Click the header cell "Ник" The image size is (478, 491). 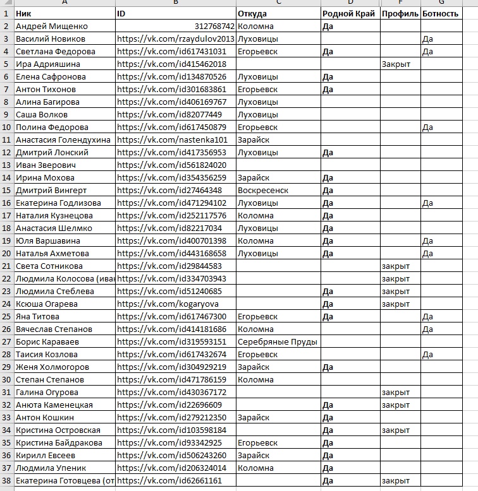tap(24, 13)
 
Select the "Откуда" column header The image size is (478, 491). tap(252, 13)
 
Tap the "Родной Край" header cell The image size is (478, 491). tap(348, 13)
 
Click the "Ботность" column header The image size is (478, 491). tap(440, 13)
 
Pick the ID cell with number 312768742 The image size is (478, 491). tap(215, 27)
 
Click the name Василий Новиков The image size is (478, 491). tap(46, 39)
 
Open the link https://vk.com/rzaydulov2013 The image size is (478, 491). tap(176, 39)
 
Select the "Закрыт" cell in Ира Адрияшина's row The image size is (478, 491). tap(396, 64)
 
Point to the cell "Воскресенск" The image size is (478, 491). tap(263, 191)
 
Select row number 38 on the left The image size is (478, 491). tap(6, 481)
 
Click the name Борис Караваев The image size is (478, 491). tap(46, 342)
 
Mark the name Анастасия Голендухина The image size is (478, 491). tap(63, 140)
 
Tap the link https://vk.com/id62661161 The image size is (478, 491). tap(169, 481)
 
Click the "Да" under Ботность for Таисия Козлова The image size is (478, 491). tap(427, 355)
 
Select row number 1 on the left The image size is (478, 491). tap(6, 13)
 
